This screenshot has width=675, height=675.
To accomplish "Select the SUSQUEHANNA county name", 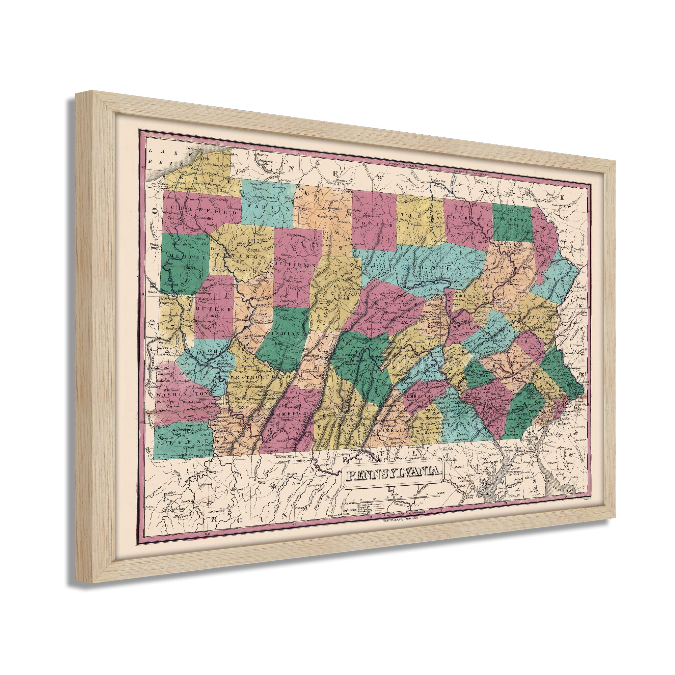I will (x=512, y=221).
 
